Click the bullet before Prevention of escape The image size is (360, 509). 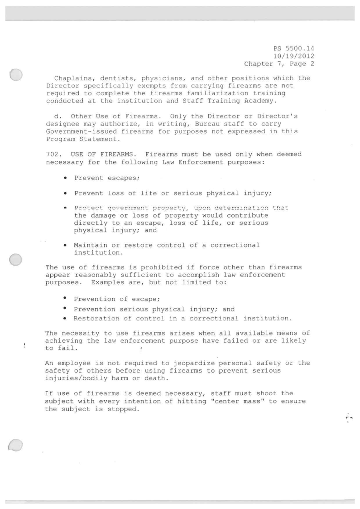click(x=66, y=298)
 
